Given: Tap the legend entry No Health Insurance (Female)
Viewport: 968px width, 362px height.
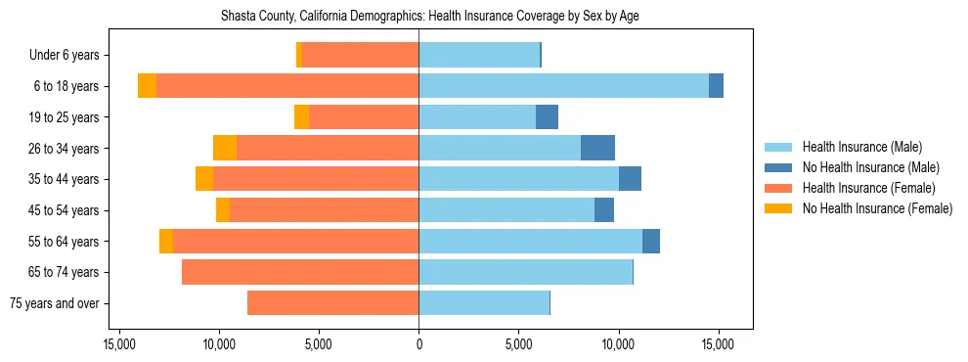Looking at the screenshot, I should tap(877, 208).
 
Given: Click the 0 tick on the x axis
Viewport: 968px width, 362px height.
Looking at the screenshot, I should tap(418, 344).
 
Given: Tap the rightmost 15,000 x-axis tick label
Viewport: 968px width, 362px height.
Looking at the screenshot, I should tap(718, 344).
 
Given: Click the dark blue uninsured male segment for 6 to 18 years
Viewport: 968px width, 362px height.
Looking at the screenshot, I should tap(716, 86).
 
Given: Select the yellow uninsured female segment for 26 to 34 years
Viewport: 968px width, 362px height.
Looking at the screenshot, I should tap(225, 148).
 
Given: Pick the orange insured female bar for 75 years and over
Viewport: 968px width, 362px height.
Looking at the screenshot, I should tap(332, 303).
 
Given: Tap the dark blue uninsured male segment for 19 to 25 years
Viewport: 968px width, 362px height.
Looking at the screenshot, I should tap(547, 117).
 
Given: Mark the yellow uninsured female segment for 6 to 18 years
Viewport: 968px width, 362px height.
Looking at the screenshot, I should tap(147, 86).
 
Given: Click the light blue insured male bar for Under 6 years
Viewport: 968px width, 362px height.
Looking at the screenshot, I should tap(479, 56).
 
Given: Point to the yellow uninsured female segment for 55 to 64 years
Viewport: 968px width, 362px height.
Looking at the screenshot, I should tap(166, 241).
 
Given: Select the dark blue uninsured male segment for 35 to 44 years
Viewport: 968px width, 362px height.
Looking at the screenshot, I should tap(630, 179).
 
